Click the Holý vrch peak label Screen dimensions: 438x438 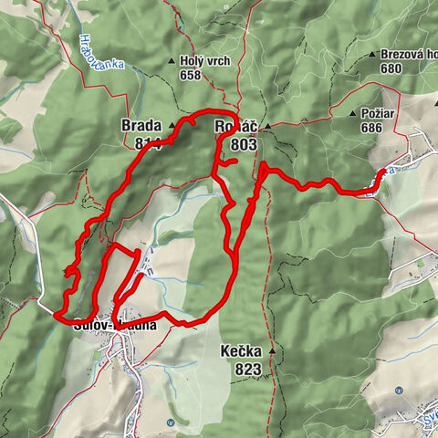pos(204,61)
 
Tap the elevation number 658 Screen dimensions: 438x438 pos(190,75)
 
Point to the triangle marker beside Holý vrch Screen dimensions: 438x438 pos(171,61)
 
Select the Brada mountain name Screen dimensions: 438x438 pos(141,126)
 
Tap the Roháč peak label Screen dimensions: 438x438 pos(232,126)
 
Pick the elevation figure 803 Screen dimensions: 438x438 pos(245,142)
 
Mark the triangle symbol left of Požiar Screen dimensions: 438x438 pos(354,113)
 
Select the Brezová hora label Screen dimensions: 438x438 pos(407,54)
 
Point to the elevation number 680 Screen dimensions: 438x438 pos(391,68)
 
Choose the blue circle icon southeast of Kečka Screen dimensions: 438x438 pos(399,391)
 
